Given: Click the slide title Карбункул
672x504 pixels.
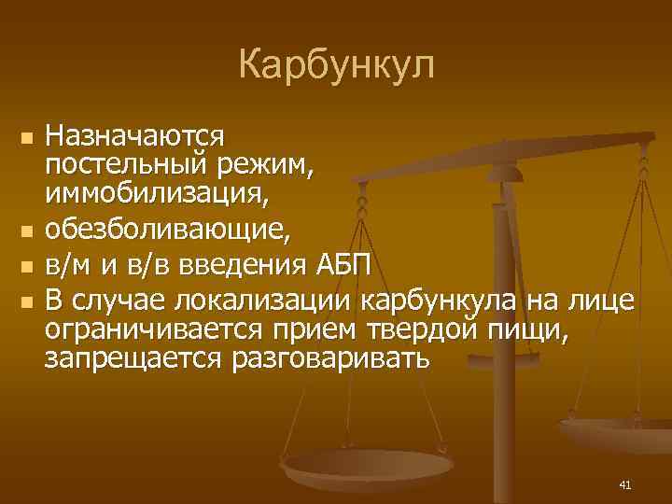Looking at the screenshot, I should click(x=336, y=66).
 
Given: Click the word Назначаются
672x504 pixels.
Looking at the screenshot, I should click(x=135, y=135).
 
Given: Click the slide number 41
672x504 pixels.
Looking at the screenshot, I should click(x=625, y=483).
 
